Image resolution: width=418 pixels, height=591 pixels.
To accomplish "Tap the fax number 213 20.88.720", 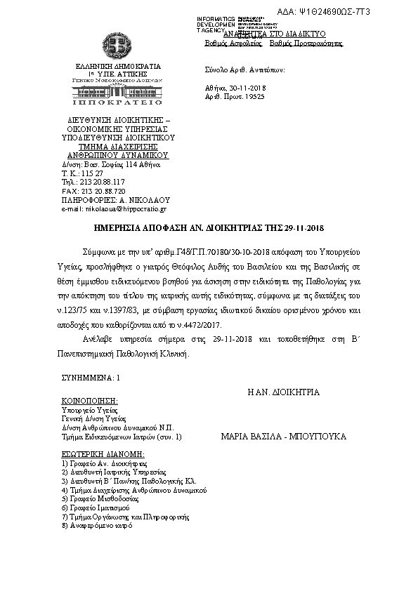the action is tap(101, 190).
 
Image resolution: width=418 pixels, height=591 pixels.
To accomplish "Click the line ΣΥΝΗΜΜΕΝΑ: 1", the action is tap(91, 377).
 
